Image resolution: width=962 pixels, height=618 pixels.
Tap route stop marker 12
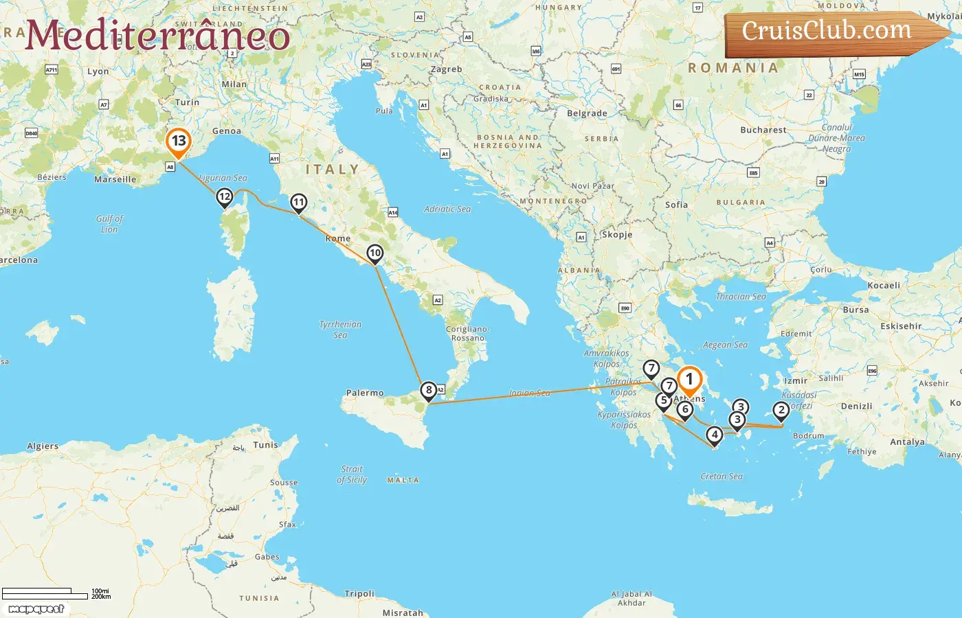[224, 197]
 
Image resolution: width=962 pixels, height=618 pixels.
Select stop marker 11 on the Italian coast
[298, 203]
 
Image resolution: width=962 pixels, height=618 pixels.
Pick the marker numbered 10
[374, 253]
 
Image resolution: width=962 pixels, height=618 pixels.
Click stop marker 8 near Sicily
[429, 391]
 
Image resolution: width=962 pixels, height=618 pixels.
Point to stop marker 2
[781, 411]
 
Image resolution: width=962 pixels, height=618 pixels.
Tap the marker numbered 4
[715, 435]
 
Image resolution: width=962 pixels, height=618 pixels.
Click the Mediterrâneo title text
[157, 36]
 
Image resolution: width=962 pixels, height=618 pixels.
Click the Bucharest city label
[763, 130]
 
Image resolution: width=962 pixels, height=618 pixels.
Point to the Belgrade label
[587, 113]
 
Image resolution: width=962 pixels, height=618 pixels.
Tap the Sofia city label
[676, 205]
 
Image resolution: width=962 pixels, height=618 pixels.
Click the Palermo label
[365, 393]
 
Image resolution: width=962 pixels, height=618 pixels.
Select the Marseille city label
[115, 179]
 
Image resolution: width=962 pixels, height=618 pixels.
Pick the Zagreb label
[446, 69]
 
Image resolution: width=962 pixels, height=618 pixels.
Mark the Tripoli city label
[359, 593]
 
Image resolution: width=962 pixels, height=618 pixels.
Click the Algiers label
[43, 446]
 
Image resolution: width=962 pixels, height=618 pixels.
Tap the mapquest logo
[36, 609]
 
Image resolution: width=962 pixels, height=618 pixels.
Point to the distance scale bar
[45, 594]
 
